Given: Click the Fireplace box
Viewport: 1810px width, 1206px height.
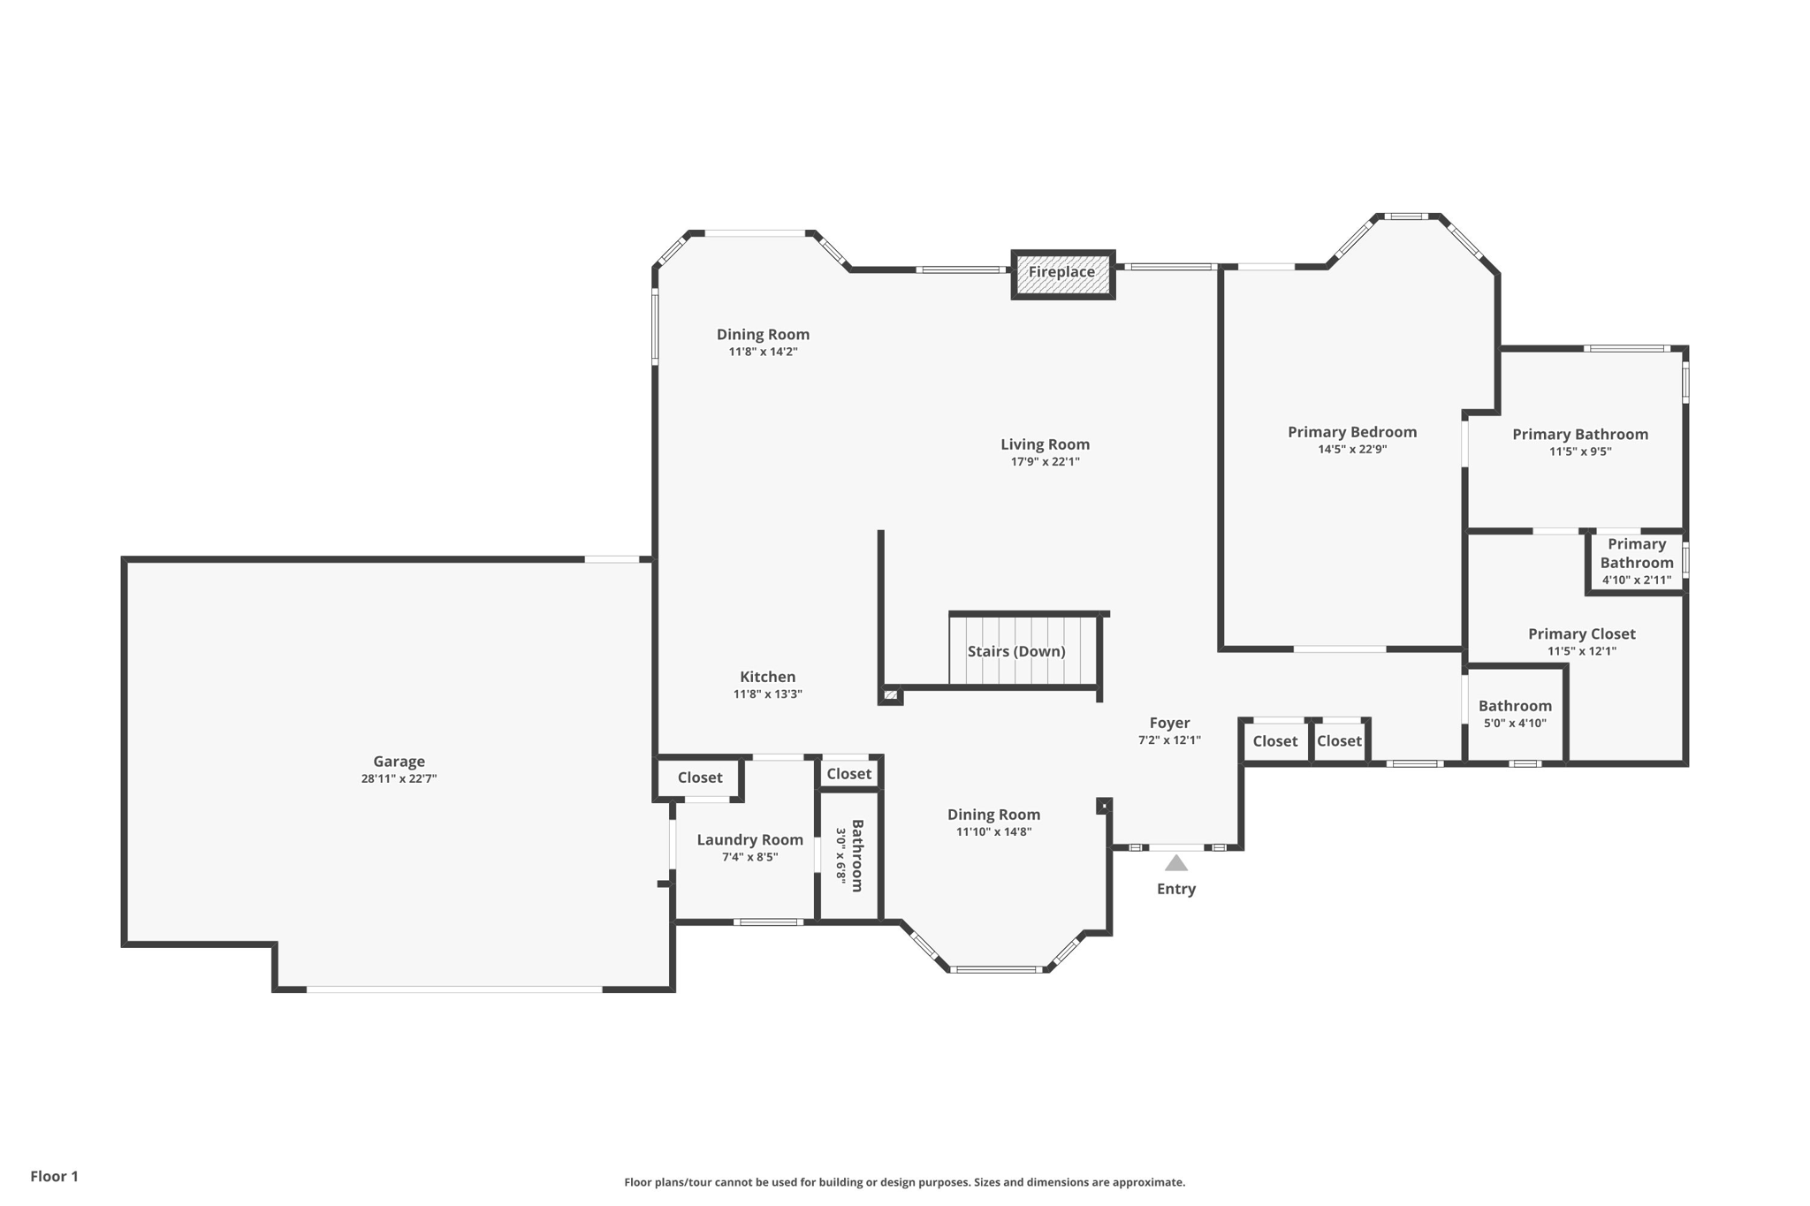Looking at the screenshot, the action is point(1062,275).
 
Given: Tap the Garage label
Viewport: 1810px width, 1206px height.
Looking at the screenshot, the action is point(399,762).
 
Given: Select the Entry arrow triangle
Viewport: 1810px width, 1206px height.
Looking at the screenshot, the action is point(1175,863).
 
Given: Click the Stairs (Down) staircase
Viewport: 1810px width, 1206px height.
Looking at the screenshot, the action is point(1023,651).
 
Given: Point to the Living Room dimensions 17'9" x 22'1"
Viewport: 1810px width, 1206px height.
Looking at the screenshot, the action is point(1045,462).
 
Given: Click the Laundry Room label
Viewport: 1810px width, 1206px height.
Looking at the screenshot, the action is point(749,840).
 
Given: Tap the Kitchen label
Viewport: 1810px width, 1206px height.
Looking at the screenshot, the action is point(767,678).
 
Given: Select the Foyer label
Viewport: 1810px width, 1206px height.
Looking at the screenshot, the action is point(1169,724).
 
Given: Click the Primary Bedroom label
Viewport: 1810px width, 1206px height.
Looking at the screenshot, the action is point(1352,432).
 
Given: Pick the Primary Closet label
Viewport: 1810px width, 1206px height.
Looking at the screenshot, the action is point(1581,634).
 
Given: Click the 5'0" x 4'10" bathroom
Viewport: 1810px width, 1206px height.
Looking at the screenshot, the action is point(1515,714).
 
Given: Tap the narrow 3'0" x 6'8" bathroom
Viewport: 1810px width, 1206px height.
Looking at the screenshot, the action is point(849,856).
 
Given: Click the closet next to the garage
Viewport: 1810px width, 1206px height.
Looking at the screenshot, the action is point(699,778).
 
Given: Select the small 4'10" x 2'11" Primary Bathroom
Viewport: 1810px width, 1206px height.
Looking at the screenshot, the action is point(1636,563).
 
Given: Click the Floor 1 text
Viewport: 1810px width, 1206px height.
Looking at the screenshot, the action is point(54,1177).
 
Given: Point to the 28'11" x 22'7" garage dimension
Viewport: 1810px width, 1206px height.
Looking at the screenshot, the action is point(399,779).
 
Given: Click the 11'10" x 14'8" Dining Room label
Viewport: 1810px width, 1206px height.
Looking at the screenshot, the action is point(993,815).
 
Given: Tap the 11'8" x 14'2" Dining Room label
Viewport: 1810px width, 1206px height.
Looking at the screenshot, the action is point(763,335).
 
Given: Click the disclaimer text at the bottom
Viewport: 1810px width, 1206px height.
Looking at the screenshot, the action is point(904,1183).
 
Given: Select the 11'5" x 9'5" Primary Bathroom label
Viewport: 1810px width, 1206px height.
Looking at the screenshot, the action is point(1579,435).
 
